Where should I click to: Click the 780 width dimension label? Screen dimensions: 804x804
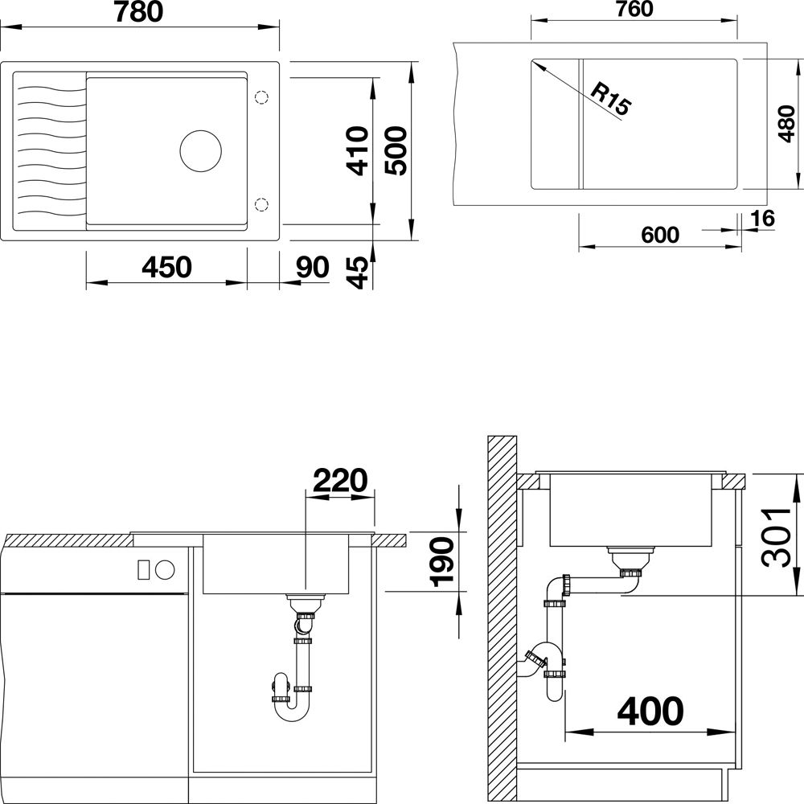138,12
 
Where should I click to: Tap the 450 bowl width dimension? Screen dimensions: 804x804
166,267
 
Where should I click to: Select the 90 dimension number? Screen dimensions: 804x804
312,267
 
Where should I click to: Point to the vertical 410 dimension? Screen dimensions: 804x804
358,151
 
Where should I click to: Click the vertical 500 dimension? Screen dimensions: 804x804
396,151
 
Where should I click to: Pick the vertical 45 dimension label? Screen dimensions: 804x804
358,273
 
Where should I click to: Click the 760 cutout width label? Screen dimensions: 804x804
634,9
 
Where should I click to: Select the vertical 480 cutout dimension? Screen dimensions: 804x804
786,124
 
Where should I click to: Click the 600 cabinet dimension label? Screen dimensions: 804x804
660,235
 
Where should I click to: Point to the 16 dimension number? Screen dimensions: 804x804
762,219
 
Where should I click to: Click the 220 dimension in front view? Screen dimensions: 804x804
340,480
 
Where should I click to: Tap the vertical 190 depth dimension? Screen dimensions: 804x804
442,561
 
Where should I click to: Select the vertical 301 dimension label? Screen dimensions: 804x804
777,537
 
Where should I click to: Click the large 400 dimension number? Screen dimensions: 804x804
650,712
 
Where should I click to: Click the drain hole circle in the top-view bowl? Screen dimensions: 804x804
200,151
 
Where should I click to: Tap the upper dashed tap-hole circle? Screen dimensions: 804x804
261,97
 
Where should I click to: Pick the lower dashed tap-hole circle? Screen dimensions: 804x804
261,204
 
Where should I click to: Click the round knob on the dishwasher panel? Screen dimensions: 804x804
165,570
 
